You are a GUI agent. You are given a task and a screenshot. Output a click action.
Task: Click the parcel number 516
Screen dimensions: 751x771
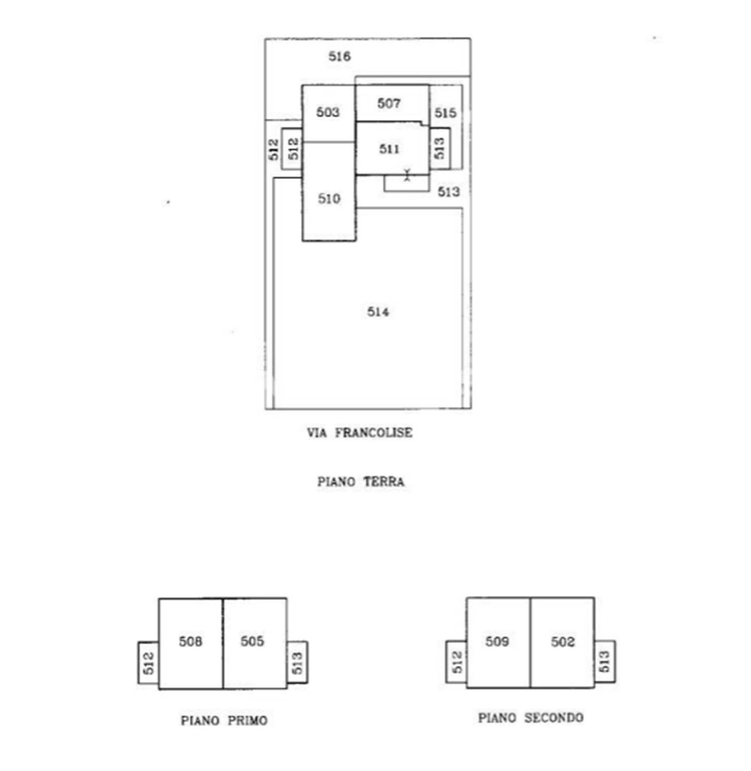340,56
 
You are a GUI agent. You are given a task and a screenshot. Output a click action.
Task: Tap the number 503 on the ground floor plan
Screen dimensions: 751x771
328,112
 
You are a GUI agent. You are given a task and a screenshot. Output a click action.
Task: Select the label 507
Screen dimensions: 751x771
388,103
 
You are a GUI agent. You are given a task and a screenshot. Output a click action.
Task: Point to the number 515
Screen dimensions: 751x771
446,113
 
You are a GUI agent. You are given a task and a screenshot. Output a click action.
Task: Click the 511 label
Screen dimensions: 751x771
389,149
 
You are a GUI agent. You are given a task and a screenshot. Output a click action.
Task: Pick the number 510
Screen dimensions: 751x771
329,198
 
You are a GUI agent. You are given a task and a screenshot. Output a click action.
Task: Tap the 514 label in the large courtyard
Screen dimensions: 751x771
378,312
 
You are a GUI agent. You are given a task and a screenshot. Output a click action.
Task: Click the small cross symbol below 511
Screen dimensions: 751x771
407,175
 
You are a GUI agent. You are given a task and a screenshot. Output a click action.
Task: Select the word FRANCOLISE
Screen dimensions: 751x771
374,433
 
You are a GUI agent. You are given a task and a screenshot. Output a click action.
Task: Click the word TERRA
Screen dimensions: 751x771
384,482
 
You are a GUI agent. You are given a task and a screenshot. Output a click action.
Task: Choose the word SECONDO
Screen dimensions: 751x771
554,718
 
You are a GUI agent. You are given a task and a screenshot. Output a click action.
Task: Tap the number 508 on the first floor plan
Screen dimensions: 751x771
190,641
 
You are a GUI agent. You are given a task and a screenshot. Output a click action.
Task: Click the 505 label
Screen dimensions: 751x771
252,641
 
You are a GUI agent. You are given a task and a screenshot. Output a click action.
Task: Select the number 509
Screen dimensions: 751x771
497,641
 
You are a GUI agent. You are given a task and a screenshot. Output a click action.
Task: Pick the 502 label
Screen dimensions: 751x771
562,642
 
